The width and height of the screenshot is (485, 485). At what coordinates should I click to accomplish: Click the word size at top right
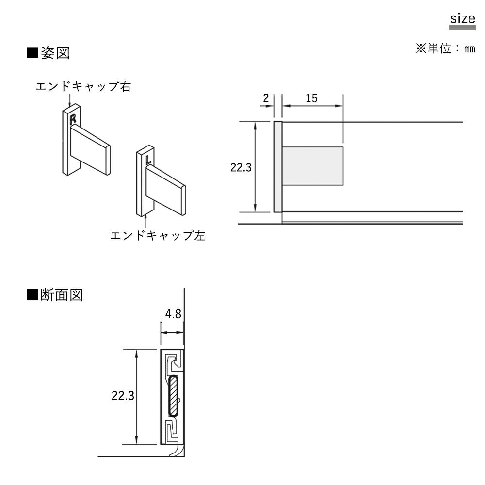pyautogui.click(x=462, y=19)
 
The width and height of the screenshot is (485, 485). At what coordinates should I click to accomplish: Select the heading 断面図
pyautogui.click(x=62, y=295)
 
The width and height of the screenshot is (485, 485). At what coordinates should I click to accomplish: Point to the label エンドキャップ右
pyautogui.click(x=83, y=87)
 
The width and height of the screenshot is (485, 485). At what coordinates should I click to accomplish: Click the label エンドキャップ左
pyautogui.click(x=158, y=236)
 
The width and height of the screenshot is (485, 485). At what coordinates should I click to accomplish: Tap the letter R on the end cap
pyautogui.click(x=73, y=118)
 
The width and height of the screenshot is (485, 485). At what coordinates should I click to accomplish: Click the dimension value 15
pyautogui.click(x=311, y=98)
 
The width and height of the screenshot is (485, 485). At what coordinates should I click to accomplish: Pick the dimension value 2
pyautogui.click(x=266, y=98)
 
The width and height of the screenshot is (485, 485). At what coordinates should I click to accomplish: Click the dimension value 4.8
pyautogui.click(x=173, y=314)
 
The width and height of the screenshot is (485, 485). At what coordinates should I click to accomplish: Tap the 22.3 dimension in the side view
pyautogui.click(x=241, y=168)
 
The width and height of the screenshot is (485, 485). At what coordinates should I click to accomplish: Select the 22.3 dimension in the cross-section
pyautogui.click(x=123, y=396)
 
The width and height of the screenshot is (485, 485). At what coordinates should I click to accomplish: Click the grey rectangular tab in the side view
pyautogui.click(x=313, y=166)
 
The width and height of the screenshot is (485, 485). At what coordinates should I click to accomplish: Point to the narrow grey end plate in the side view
pyautogui.click(x=278, y=167)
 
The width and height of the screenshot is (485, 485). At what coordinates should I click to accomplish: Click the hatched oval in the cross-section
pyautogui.click(x=173, y=396)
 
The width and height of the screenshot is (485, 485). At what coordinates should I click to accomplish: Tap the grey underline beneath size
pyautogui.click(x=462, y=28)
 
